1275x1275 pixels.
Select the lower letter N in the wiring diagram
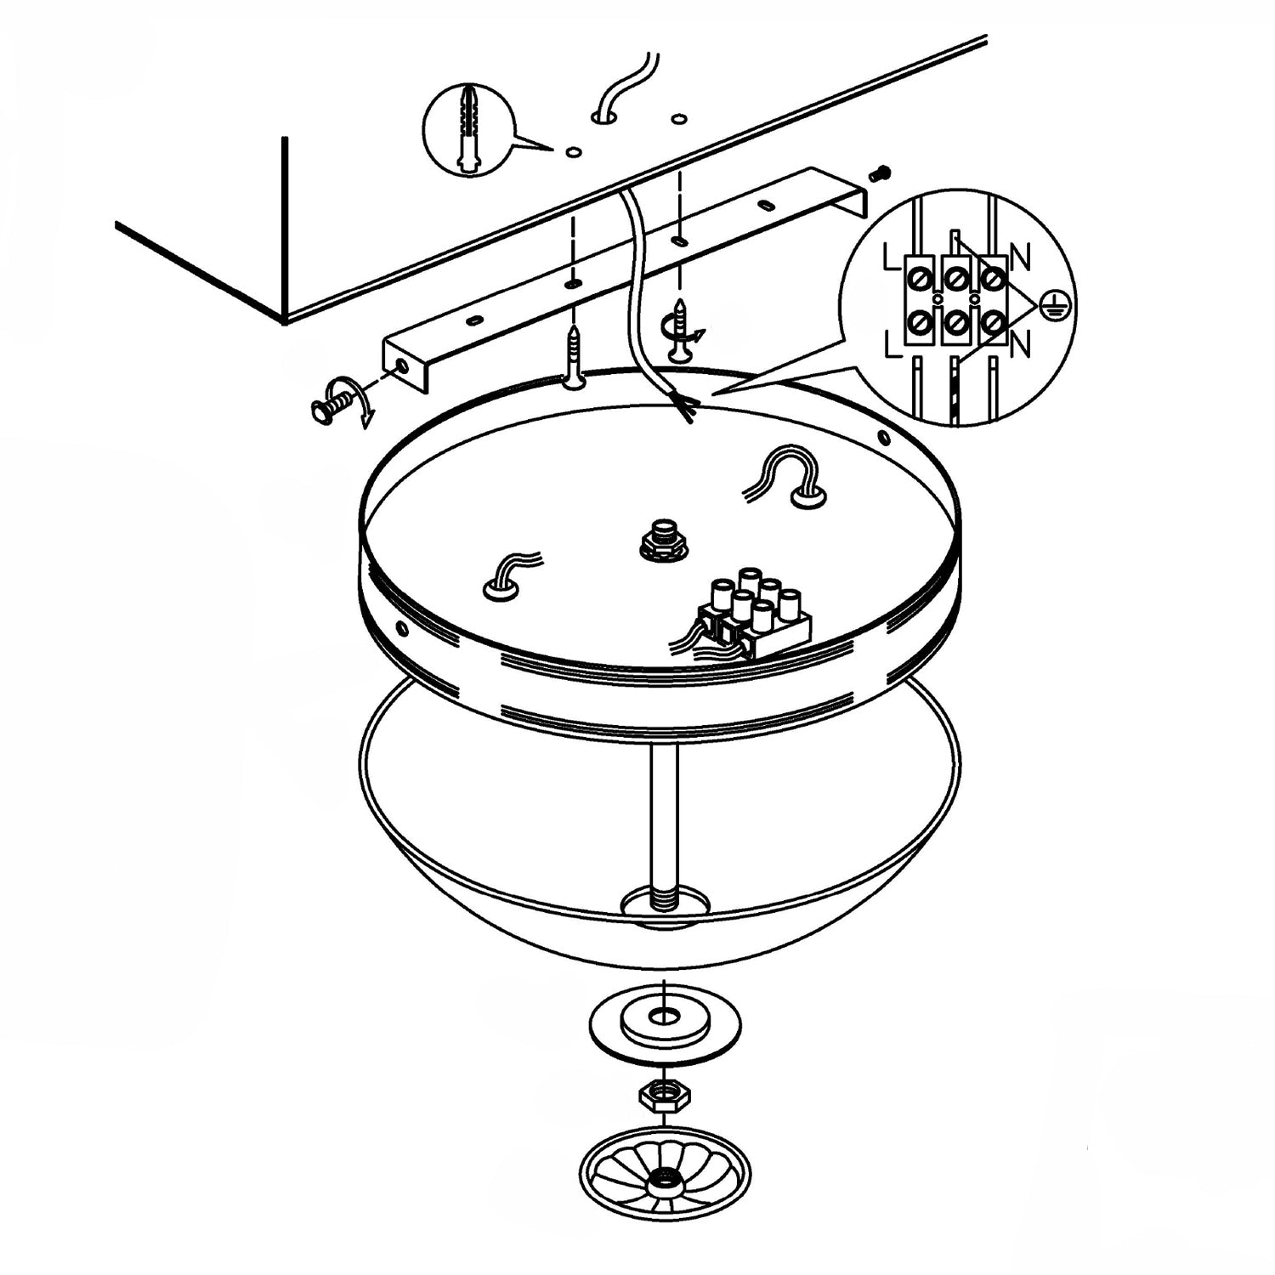click(1021, 344)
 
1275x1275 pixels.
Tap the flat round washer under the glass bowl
click(664, 1021)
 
